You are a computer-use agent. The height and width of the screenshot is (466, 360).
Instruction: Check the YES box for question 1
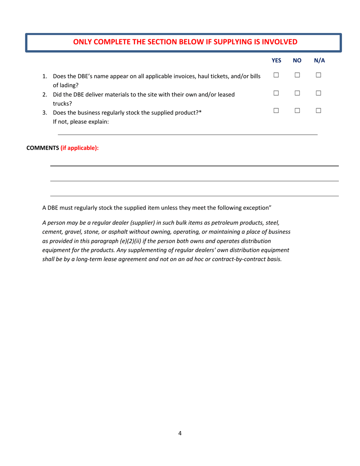click(x=276, y=77)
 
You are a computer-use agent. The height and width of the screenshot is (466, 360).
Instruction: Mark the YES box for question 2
click(x=276, y=93)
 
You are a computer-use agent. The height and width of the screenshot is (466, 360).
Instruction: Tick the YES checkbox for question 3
click(x=276, y=110)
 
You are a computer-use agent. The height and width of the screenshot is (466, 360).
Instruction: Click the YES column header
click(x=277, y=60)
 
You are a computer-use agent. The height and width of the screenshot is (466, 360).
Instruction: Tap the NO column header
click(x=297, y=60)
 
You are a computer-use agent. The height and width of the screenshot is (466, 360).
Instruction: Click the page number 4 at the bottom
click(x=180, y=434)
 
